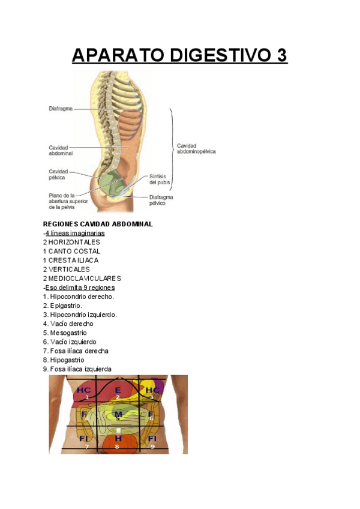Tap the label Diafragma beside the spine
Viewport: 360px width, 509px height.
(61, 109)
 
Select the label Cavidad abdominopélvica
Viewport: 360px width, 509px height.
(196, 148)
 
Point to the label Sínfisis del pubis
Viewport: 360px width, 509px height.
(160, 179)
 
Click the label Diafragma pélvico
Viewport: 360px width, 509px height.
(161, 200)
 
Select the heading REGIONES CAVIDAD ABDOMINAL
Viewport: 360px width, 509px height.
(98, 224)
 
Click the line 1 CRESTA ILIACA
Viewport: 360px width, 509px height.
(71, 261)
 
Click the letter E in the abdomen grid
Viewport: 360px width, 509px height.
(118, 390)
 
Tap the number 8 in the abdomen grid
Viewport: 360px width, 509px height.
(117, 447)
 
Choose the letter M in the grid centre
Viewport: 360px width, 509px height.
(118, 414)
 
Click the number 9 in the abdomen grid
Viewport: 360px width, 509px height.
(152, 447)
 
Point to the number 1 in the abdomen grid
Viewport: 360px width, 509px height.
(86, 397)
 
